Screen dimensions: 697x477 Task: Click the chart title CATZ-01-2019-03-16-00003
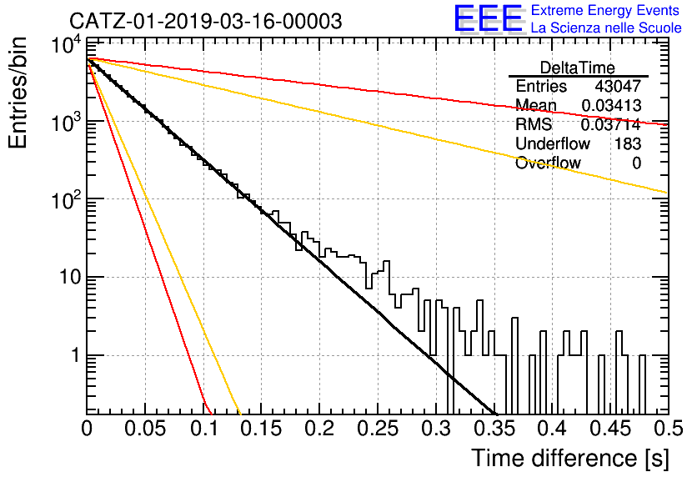206,21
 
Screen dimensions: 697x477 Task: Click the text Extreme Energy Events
605,10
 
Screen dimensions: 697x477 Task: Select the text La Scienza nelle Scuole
606,28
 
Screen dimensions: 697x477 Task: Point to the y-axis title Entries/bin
18,93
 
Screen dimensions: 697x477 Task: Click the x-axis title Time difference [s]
570,459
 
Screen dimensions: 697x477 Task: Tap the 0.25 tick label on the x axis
378,429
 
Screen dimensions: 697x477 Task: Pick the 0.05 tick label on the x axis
145,429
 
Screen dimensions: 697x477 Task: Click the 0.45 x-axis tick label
611,429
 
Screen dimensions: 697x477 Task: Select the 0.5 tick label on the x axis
668,429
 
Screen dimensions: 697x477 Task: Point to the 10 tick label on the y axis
71,278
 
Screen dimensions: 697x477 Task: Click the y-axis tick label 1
77,355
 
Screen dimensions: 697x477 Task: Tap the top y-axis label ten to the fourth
67,44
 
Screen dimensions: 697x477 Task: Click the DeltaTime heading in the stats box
578,68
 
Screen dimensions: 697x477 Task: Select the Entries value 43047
618,86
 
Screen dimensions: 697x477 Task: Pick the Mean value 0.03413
611,105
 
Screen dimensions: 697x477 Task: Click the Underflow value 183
628,143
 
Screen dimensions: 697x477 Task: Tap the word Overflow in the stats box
548,163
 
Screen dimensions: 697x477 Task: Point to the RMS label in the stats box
534,124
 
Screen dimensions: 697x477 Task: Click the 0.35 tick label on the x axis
494,429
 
